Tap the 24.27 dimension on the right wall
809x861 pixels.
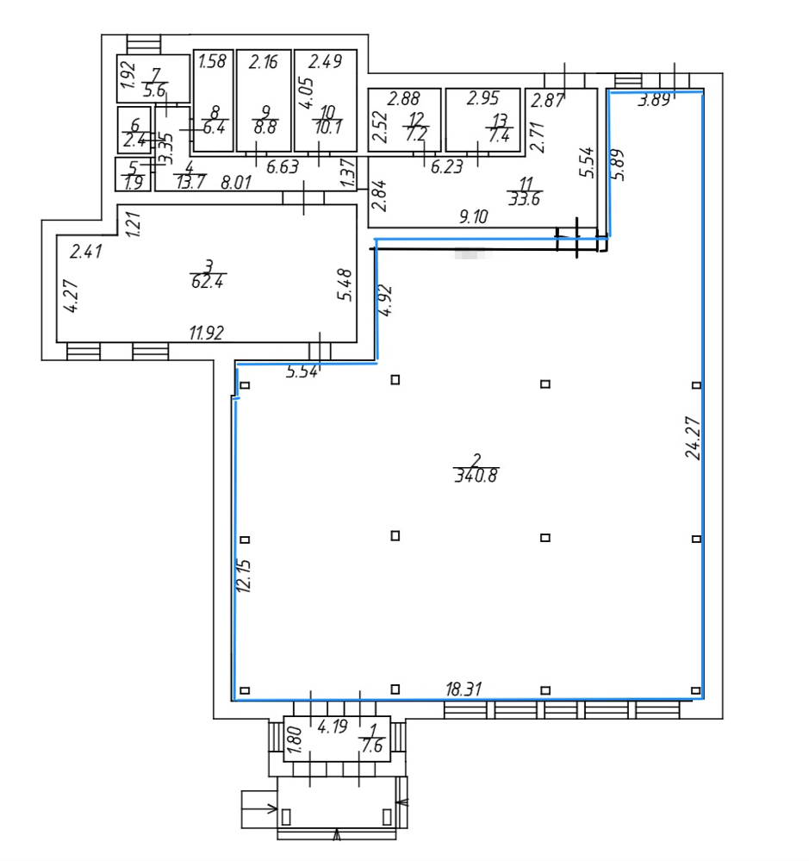pos(693,438)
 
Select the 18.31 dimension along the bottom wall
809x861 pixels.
pos(464,689)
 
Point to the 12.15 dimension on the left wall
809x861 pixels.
pos(244,576)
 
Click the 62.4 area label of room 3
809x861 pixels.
pos(208,282)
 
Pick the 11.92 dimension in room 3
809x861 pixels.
pos(207,333)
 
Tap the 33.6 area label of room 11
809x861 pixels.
pos(524,198)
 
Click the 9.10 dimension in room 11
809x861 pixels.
pos(473,216)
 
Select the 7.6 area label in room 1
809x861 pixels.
pos(373,746)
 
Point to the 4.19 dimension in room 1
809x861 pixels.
pos(333,727)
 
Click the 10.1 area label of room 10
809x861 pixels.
pos(328,128)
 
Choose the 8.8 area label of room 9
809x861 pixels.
pos(265,128)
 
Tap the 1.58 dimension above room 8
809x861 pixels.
pos(212,60)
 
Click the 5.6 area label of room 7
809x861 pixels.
pos(154,90)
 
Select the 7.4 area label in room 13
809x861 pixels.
pos(500,135)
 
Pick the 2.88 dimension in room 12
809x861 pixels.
pos(403,99)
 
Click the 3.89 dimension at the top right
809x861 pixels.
pos(654,100)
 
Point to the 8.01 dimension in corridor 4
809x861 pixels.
pos(236,182)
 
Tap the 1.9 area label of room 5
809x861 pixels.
pos(134,183)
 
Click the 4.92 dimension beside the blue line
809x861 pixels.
pos(386,300)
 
